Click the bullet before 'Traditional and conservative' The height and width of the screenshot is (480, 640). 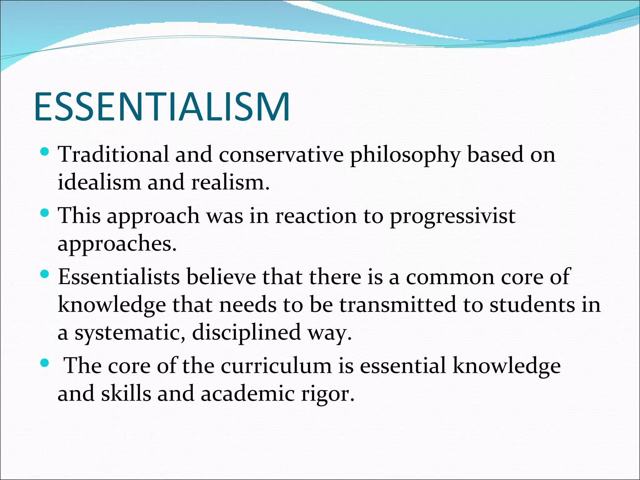[45, 152]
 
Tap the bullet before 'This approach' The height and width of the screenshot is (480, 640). [45, 213]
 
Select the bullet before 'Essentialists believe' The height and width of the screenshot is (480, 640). [45, 275]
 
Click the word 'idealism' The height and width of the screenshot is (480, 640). [99, 182]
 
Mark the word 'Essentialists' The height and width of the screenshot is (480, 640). [119, 277]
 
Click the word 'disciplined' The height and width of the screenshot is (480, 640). [247, 332]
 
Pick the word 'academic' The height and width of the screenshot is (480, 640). [247, 393]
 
